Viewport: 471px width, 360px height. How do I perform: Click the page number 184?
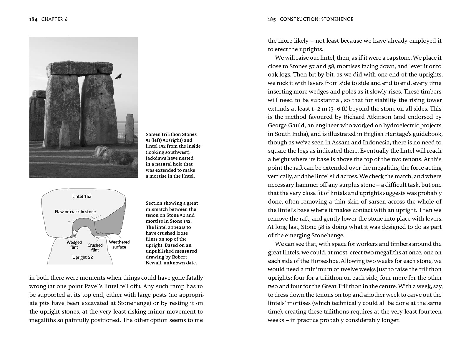click(x=33, y=19)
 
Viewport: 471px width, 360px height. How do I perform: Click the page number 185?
click(x=272, y=19)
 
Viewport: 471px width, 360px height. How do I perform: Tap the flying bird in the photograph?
click(x=118, y=76)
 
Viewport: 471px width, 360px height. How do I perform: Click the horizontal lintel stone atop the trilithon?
click(x=79, y=68)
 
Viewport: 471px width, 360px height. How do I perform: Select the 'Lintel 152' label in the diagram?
click(x=82, y=196)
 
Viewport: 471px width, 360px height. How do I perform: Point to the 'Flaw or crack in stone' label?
click(x=75, y=212)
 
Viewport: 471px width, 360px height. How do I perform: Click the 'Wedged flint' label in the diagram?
click(x=74, y=245)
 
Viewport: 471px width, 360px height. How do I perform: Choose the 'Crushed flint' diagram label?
click(x=95, y=247)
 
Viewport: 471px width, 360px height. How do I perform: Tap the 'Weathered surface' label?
click(x=119, y=244)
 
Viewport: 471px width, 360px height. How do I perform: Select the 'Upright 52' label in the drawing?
click(x=83, y=257)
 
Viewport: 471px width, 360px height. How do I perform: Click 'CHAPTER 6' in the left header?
click(x=54, y=19)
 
